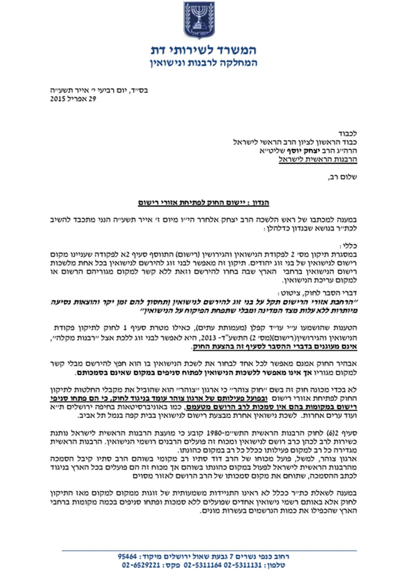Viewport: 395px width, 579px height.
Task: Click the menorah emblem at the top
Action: [x=197, y=20]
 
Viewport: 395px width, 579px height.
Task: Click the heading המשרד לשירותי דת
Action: [x=203, y=50]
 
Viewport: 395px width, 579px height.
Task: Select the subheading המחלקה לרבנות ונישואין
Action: [x=203, y=63]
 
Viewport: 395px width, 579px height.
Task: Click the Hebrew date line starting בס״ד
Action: [x=99, y=90]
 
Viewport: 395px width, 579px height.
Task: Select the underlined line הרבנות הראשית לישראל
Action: [x=318, y=159]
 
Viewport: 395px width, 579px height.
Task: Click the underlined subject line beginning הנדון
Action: [x=203, y=203]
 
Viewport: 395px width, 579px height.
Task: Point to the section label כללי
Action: [x=350, y=246]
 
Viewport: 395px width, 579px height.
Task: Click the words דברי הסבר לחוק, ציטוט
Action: [x=317, y=293]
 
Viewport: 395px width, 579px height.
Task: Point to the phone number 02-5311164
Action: [x=203, y=565]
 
